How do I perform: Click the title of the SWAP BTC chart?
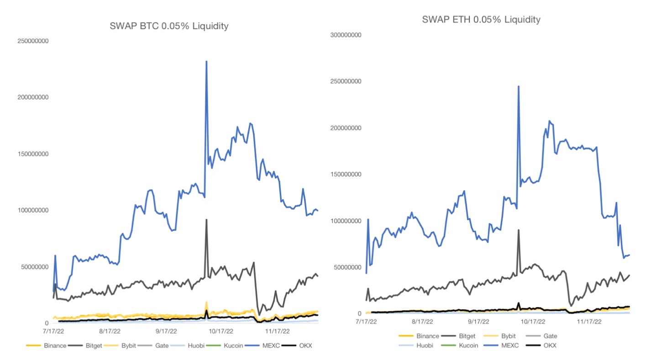click(x=169, y=26)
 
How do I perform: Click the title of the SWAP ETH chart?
click(x=481, y=20)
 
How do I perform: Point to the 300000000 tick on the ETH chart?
click(x=345, y=35)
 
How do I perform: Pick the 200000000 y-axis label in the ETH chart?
click(x=345, y=128)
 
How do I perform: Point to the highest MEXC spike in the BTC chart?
click(x=206, y=62)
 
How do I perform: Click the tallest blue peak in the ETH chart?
click(x=518, y=86)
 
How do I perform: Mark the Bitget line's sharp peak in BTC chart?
click(x=206, y=220)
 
